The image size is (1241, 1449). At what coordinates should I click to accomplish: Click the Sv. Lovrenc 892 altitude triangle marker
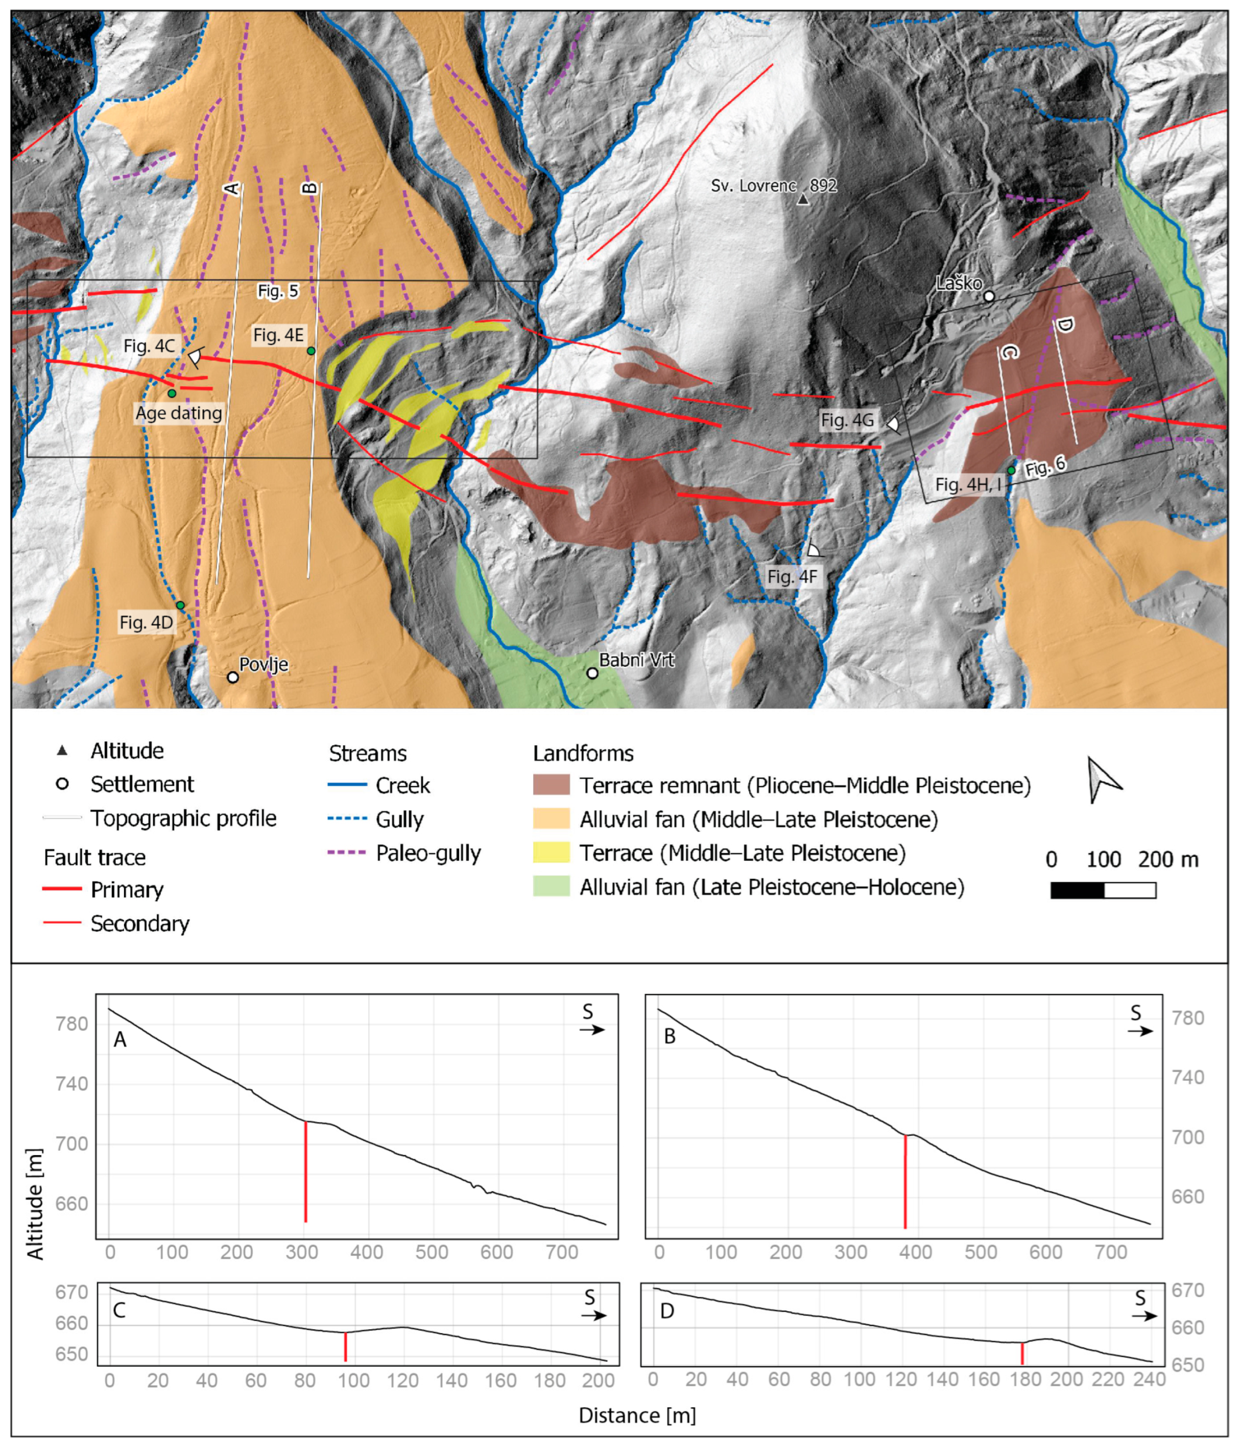tap(803, 200)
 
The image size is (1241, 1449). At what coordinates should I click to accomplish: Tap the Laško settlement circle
tap(989, 296)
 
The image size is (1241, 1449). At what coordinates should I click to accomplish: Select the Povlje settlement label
tap(264, 664)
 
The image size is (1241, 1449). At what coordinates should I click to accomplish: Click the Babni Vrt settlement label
tap(636, 660)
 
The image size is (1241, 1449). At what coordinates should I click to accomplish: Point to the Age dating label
tap(179, 413)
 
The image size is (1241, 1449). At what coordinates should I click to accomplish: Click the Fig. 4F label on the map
tap(792, 577)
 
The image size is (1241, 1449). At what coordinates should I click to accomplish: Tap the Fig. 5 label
tap(277, 291)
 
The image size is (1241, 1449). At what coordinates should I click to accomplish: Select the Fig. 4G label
tap(847, 420)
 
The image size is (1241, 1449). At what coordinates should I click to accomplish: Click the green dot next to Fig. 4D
tap(180, 605)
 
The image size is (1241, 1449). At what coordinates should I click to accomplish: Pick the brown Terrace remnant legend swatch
tap(551, 785)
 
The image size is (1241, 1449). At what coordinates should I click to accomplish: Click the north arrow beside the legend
tap(1103, 779)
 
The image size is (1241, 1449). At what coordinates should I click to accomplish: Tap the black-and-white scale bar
tap(1103, 890)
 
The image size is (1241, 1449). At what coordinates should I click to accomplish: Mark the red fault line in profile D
tap(1022, 1353)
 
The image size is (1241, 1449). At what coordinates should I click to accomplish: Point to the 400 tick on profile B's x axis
tap(915, 1252)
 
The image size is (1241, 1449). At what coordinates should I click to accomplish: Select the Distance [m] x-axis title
tap(637, 1415)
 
